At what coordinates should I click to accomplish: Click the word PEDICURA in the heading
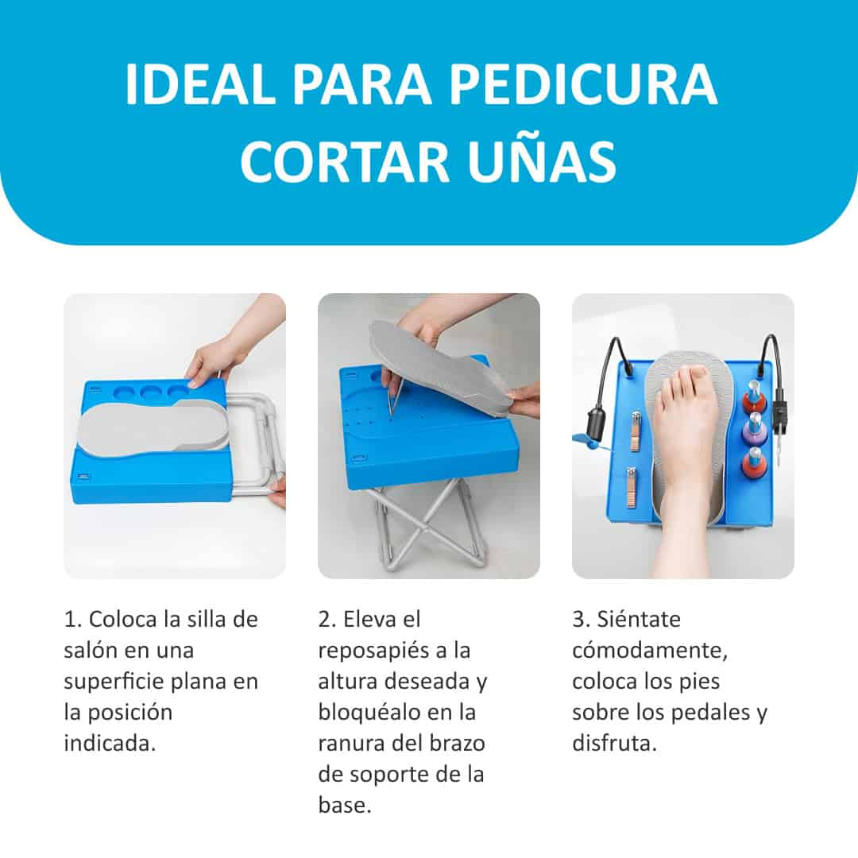pos(583,84)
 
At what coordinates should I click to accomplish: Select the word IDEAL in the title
pos(200,84)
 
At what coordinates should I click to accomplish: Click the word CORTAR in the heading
pos(345,161)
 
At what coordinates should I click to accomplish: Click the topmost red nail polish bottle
pos(753,398)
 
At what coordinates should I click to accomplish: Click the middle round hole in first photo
pos(150,392)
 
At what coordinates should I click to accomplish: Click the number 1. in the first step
pos(73,620)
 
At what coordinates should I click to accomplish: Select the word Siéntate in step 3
pos(639,620)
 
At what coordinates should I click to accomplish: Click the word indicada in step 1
pos(110,743)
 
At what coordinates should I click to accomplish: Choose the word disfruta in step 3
pos(614,743)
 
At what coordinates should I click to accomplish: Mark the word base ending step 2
pos(345,806)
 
